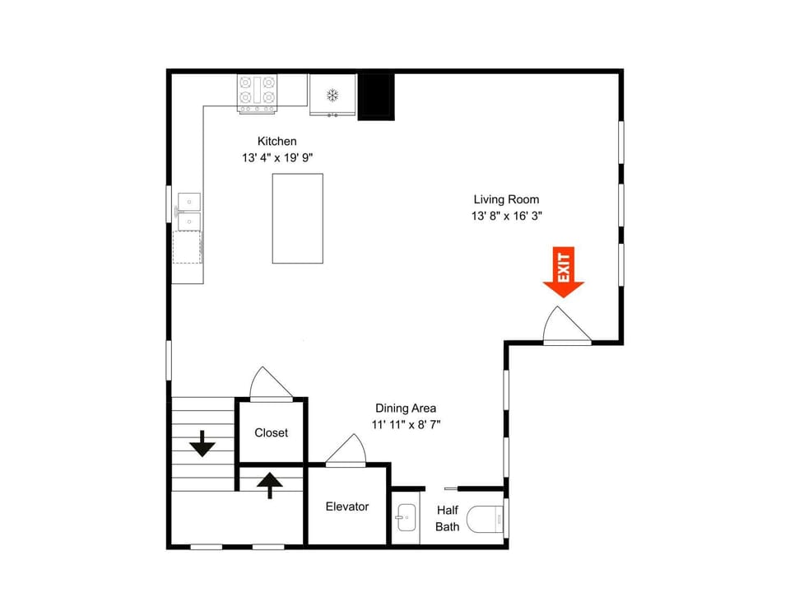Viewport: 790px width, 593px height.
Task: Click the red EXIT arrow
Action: point(563,273)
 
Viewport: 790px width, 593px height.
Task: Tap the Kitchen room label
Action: point(276,141)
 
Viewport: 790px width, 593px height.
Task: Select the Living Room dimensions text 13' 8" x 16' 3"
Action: point(506,216)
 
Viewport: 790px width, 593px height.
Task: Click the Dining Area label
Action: point(406,408)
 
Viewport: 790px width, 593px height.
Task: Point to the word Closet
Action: point(271,432)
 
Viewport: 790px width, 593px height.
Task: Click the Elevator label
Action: point(347,507)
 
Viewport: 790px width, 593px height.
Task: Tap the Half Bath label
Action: point(448,518)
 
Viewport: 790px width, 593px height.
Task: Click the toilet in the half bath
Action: point(485,520)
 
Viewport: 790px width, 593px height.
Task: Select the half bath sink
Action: point(406,517)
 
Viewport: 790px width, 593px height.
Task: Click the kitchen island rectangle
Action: point(298,218)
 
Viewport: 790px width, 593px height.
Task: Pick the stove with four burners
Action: point(257,94)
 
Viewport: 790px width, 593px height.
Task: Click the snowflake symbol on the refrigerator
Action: point(332,94)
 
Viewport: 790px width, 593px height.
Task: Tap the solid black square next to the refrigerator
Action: point(376,97)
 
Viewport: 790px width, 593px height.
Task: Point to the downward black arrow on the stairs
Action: point(202,444)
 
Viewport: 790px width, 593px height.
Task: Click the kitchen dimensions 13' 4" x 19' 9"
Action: point(277,158)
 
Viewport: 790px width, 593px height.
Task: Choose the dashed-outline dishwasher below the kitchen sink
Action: point(188,247)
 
